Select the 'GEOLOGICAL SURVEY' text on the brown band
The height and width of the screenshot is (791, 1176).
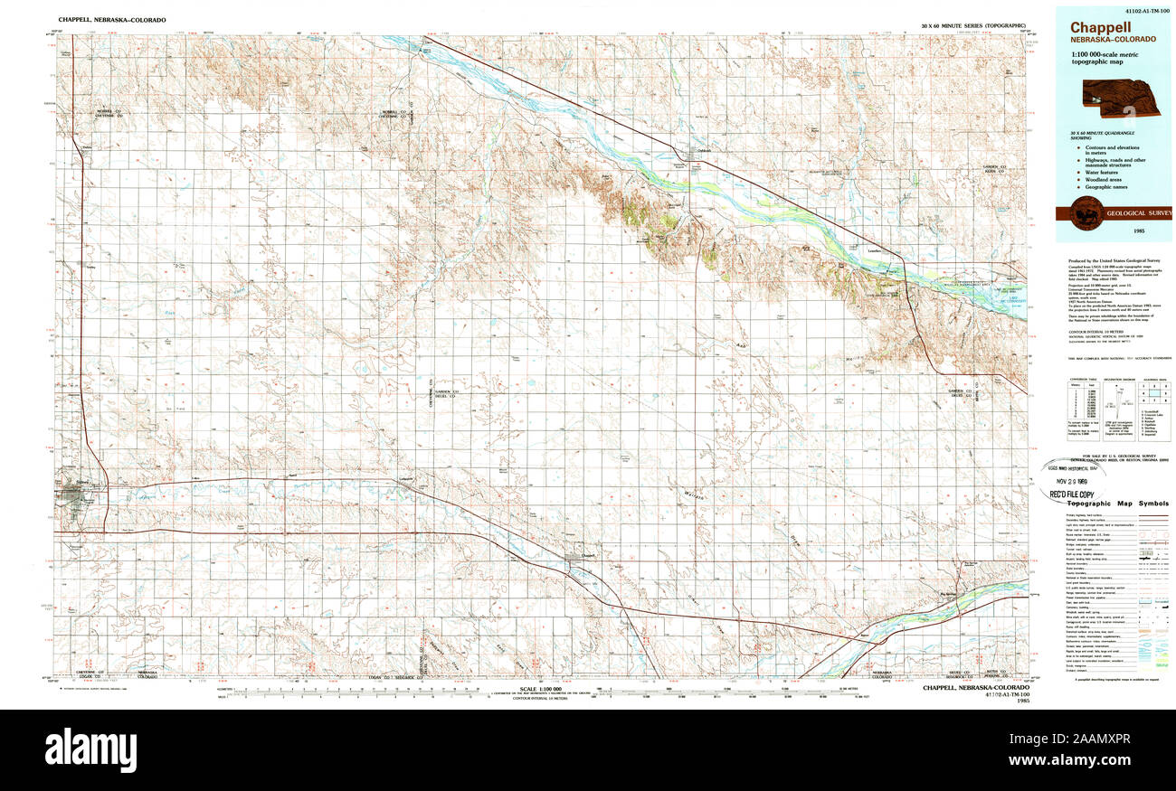[x=1137, y=213]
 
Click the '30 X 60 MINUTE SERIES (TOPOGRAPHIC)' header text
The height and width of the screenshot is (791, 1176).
[x=973, y=26]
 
